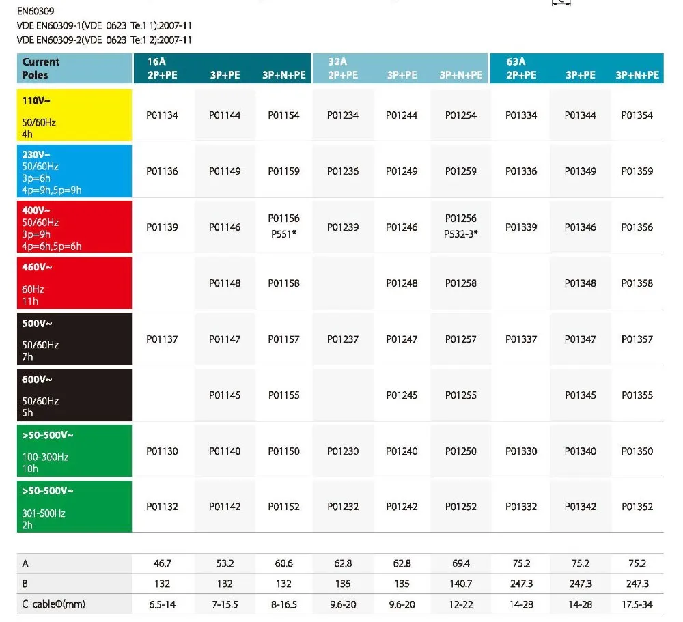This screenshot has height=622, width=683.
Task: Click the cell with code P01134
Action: pos(162,115)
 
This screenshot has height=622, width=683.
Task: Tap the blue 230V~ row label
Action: pos(74,171)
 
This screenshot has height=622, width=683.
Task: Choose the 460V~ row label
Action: pos(74,283)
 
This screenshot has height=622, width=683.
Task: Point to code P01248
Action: pos(402,283)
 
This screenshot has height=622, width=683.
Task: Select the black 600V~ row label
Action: pos(74,395)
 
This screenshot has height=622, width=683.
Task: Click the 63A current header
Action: pos(516,61)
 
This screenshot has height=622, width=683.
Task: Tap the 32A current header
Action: pos(337,61)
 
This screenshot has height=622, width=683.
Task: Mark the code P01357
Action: pos(637,339)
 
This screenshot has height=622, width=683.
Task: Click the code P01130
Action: pos(162,451)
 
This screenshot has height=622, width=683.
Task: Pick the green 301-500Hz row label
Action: pos(74,507)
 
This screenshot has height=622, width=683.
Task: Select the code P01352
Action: pos(637,507)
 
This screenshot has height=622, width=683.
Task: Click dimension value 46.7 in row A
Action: pos(162,563)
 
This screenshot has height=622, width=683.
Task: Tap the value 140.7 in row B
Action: pos(461,584)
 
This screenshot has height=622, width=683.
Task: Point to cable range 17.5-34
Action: pos(637,604)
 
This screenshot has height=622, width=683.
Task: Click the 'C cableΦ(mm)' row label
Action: pos(54,604)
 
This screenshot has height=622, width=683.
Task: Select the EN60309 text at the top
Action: pos(36,11)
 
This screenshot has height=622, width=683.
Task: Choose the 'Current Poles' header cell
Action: pos(74,68)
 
